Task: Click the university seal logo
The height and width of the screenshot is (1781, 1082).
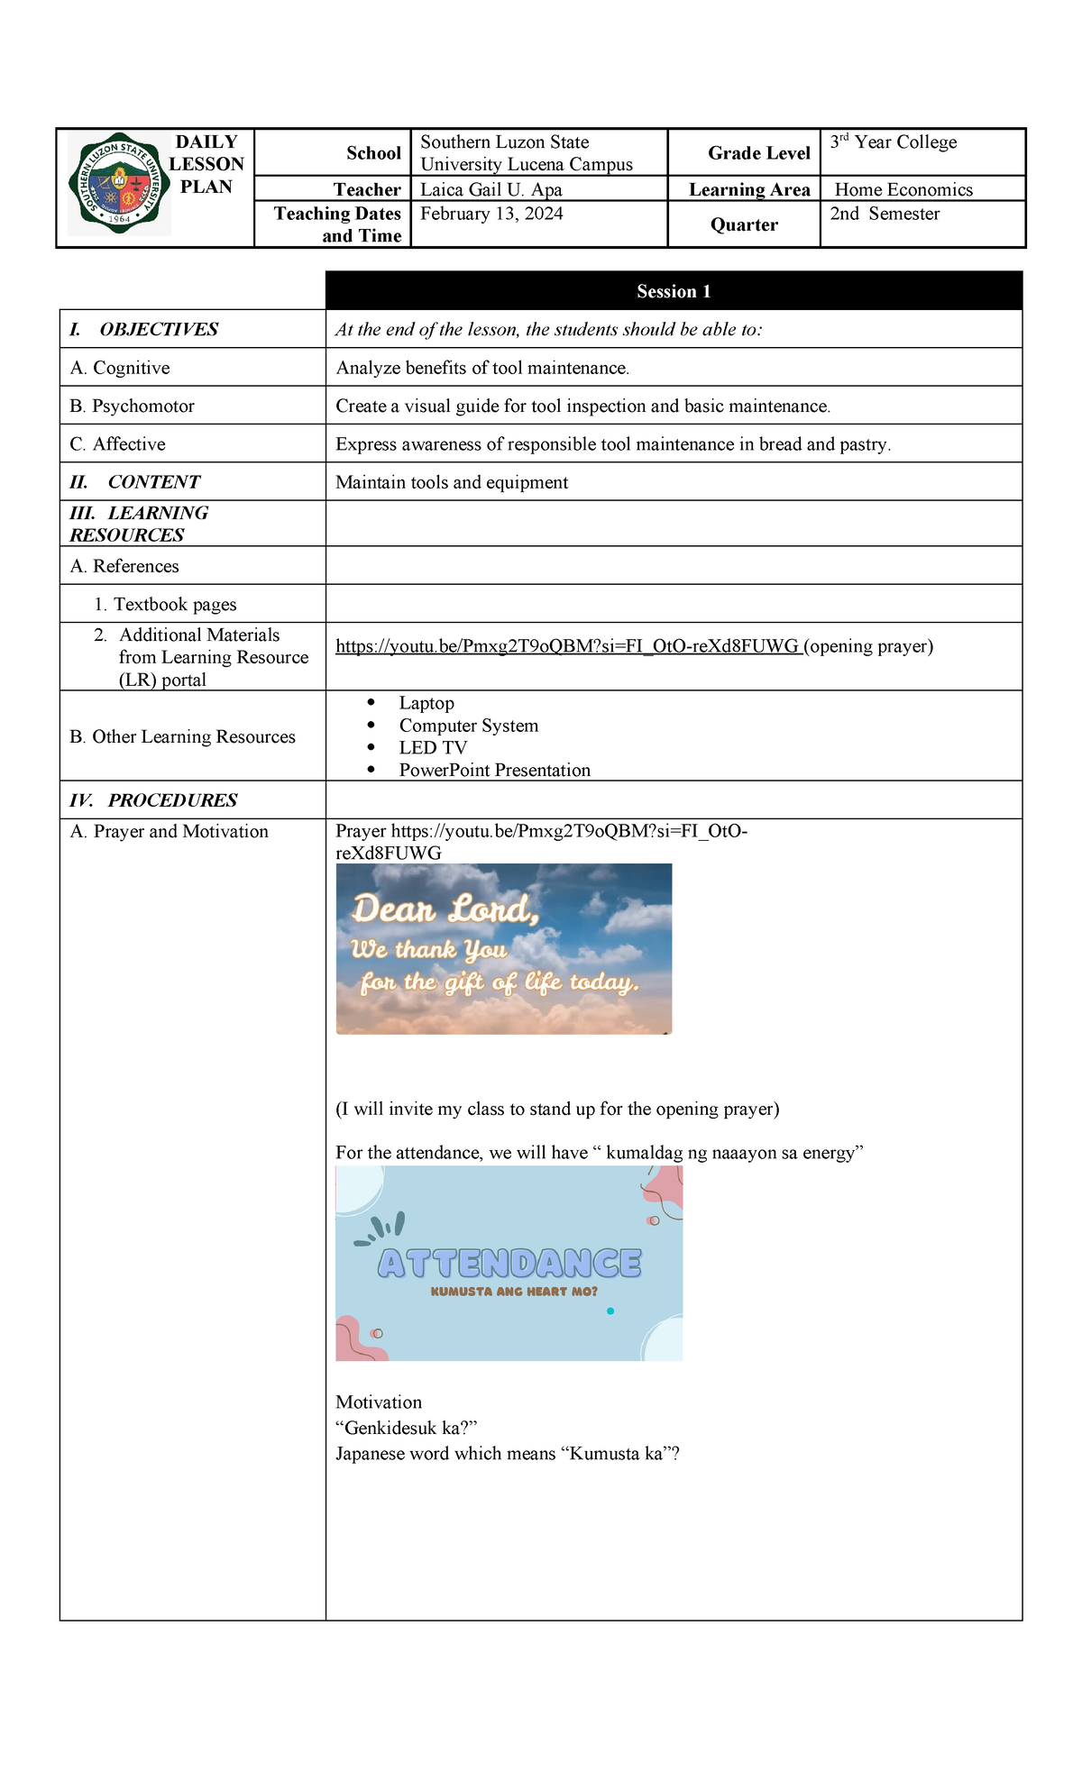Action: click(119, 185)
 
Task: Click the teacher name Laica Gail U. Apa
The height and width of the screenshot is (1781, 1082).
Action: click(491, 189)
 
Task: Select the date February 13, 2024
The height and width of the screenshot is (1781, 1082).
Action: click(491, 214)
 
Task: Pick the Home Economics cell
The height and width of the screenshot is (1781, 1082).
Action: click(903, 189)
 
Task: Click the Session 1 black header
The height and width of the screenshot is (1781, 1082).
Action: click(674, 291)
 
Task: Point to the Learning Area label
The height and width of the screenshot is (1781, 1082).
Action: click(749, 189)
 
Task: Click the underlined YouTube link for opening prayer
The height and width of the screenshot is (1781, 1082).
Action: click(567, 646)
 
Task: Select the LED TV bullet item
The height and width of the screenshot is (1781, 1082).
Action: click(433, 748)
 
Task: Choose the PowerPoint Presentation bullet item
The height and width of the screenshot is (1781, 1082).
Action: click(494, 771)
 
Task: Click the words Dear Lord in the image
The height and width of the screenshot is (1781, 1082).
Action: click(445, 909)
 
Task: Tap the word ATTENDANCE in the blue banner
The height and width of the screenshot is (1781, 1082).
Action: click(509, 1264)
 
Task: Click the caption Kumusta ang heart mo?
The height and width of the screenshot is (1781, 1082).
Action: click(514, 1292)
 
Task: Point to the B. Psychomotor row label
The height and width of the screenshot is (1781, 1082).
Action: click(133, 406)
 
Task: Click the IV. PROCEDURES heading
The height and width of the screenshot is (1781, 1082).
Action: click(154, 800)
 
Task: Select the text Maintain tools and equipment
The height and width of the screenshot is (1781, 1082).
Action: click(452, 482)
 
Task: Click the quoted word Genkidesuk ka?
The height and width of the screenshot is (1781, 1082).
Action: click(406, 1428)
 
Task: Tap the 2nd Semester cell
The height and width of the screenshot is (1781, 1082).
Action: click(885, 214)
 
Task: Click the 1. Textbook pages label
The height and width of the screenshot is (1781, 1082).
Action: click(166, 605)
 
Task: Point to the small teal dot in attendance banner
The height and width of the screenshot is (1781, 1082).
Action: click(610, 1311)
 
